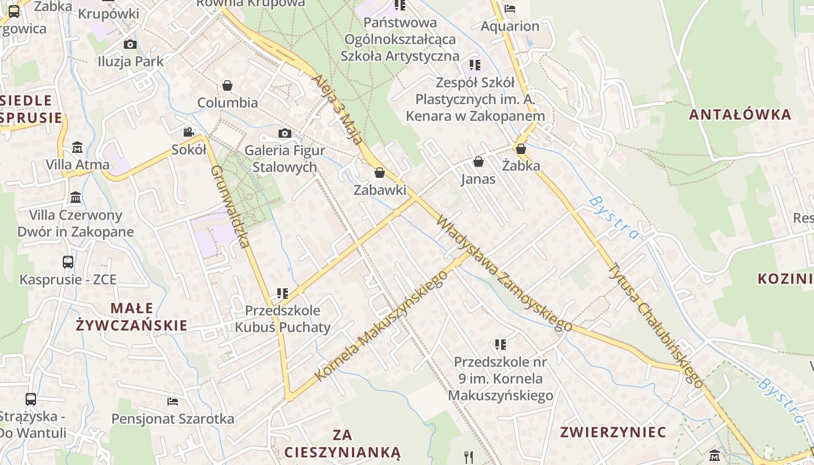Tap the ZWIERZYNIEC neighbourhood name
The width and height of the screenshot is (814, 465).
(x=613, y=432)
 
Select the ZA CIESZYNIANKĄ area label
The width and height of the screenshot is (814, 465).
(x=342, y=443)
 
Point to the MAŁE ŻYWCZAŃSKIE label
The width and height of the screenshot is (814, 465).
(x=132, y=317)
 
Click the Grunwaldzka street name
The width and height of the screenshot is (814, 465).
(x=230, y=206)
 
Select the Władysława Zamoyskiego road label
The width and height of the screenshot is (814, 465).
(x=504, y=273)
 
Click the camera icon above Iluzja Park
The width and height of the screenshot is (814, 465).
(x=130, y=44)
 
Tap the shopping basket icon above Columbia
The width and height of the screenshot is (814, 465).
(x=227, y=85)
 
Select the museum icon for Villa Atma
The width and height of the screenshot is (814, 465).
(x=77, y=147)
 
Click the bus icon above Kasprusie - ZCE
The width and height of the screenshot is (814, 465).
(x=68, y=262)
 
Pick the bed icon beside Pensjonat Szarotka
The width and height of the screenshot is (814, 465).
(x=173, y=401)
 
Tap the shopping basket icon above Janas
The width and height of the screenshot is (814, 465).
(x=479, y=161)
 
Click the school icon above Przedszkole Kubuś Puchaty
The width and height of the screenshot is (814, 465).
(x=283, y=293)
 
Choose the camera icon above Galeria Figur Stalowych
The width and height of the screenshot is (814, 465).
(x=284, y=133)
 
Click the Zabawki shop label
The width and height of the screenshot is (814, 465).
(x=380, y=190)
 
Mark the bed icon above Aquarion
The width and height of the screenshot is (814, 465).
(x=510, y=8)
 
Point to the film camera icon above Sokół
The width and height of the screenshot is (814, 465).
(x=188, y=132)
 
